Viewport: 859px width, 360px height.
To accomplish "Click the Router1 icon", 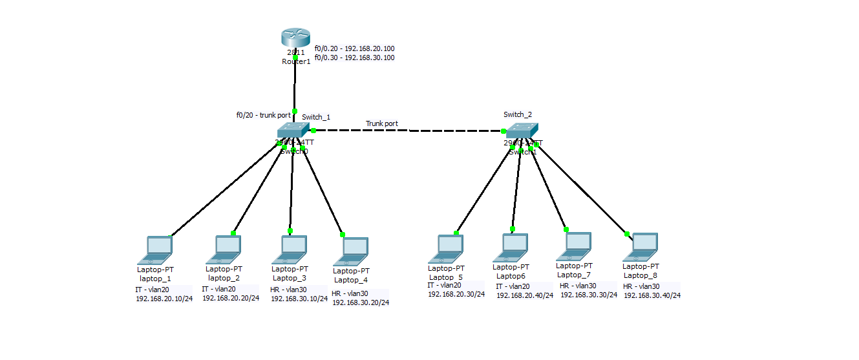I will point(295,37).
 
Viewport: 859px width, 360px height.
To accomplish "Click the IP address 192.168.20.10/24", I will point(164,299).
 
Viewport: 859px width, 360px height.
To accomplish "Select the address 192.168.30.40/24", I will point(652,295).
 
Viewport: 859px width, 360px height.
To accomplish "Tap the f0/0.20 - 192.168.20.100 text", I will point(354,48).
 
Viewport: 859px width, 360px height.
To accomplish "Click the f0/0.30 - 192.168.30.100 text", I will point(354,58).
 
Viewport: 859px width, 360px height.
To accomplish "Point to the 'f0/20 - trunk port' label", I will point(263,115).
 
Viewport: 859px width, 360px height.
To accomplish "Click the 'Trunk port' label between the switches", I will point(382,123).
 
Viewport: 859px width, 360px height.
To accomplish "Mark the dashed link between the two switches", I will point(408,131).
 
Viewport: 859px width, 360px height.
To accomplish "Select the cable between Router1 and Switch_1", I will point(295,84).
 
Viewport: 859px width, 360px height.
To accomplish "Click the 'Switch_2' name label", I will point(518,114).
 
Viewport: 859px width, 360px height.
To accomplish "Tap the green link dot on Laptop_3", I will point(290,231).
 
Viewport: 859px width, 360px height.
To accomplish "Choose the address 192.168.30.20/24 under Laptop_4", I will point(361,302).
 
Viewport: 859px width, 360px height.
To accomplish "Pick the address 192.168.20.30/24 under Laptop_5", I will point(456,294).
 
